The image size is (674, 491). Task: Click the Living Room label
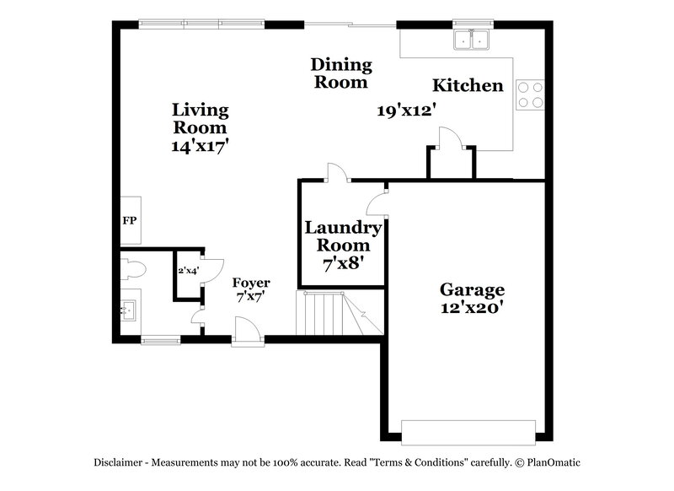(200, 119)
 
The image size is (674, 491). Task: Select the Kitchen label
(468, 85)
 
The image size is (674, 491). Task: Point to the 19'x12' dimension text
(405, 110)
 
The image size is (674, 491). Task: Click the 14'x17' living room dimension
(200, 145)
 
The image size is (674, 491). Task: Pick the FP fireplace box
(130, 221)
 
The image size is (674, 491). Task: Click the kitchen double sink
(473, 40)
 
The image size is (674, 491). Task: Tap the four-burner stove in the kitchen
(530, 94)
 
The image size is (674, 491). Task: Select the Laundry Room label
(343, 236)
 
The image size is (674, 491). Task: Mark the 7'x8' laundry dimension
(343, 263)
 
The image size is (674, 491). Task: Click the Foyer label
(252, 282)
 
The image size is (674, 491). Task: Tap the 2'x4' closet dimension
(187, 272)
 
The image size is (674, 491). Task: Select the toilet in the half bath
(135, 269)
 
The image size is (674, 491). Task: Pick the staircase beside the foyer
(332, 313)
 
